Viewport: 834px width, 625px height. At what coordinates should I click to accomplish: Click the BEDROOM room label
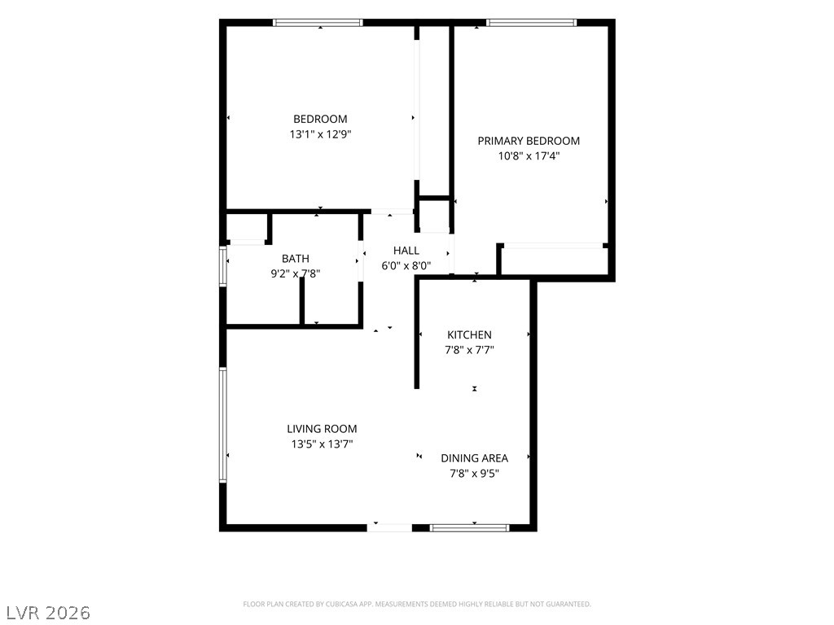coord(320,119)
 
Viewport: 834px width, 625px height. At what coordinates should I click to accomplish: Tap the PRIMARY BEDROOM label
coord(529,141)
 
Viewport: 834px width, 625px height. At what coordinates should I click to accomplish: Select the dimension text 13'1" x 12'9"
coord(320,134)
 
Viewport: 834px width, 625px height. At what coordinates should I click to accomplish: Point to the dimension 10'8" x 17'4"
coord(529,156)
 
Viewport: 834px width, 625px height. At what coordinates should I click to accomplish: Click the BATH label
coord(295,259)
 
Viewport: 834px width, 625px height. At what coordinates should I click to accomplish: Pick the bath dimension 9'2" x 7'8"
coord(295,274)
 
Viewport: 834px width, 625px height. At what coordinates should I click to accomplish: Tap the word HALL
coord(406,251)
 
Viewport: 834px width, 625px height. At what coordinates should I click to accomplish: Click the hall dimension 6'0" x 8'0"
coord(406,266)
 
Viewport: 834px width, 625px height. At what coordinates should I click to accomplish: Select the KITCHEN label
coord(469,334)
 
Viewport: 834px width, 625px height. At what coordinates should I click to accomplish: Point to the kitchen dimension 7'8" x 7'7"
coord(469,350)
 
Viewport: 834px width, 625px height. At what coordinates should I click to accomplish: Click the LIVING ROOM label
coord(322,429)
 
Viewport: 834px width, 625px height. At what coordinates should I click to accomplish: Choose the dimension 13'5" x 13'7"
coord(322,444)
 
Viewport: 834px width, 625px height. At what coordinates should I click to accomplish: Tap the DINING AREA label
coord(475,458)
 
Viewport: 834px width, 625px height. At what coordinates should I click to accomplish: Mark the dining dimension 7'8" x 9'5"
coord(475,474)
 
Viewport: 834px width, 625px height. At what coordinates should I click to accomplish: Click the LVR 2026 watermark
coord(46,613)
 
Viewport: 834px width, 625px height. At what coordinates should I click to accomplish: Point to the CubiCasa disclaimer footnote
coord(417,605)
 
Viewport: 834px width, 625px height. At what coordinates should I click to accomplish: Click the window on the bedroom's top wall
coord(318,22)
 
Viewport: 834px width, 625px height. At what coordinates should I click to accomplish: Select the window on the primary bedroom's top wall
coord(531,22)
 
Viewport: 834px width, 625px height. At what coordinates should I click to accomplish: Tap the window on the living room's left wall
coord(223,425)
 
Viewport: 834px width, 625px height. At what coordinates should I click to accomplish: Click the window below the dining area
coord(470,527)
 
